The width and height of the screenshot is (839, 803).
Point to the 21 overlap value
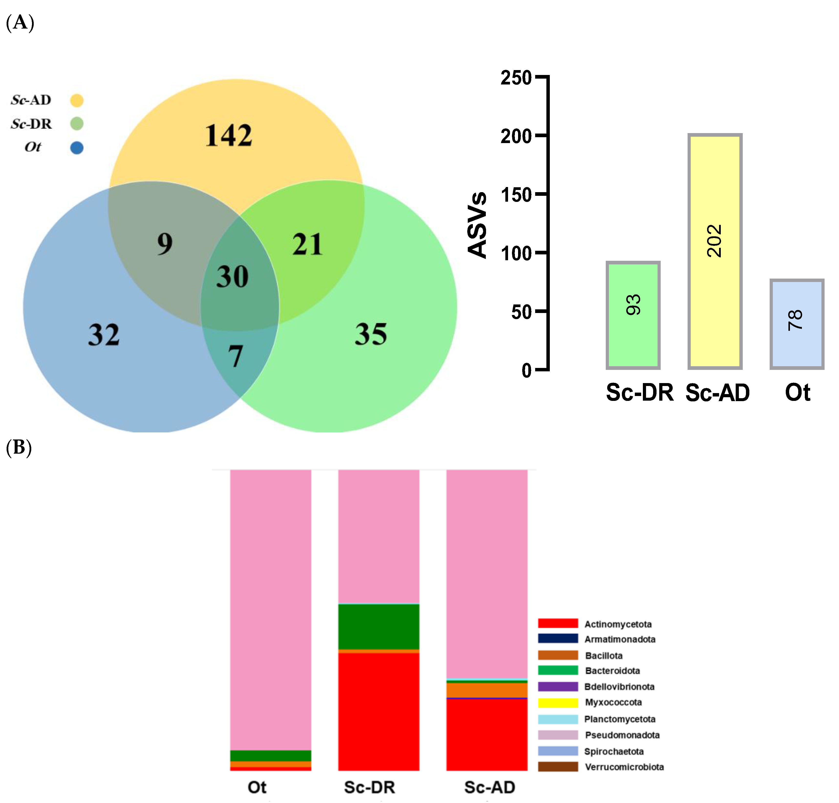tap(307, 244)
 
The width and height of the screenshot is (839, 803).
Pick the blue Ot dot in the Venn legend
tap(77, 148)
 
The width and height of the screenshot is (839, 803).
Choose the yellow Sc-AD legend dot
tap(77, 101)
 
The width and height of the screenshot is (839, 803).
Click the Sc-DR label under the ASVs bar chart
tap(639, 392)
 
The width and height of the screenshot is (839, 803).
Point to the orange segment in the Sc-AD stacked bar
tap(487, 690)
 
